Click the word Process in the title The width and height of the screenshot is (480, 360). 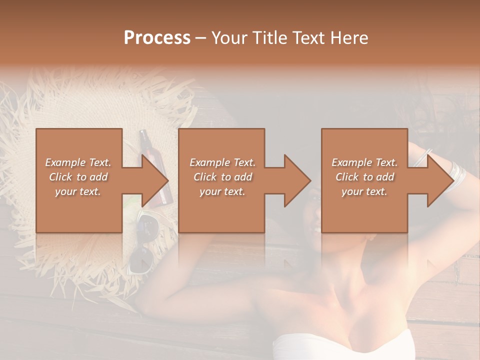tap(157, 38)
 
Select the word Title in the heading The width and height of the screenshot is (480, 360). tap(271, 38)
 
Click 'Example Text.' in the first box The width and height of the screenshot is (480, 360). tap(78, 162)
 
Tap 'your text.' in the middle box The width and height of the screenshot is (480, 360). tap(222, 191)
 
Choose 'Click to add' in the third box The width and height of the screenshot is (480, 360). tap(365, 177)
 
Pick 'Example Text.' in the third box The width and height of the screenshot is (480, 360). tap(365, 162)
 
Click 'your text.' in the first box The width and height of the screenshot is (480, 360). tap(78, 191)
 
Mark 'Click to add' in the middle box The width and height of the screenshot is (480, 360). tap(222, 177)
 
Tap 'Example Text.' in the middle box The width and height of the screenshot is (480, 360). tap(222, 162)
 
